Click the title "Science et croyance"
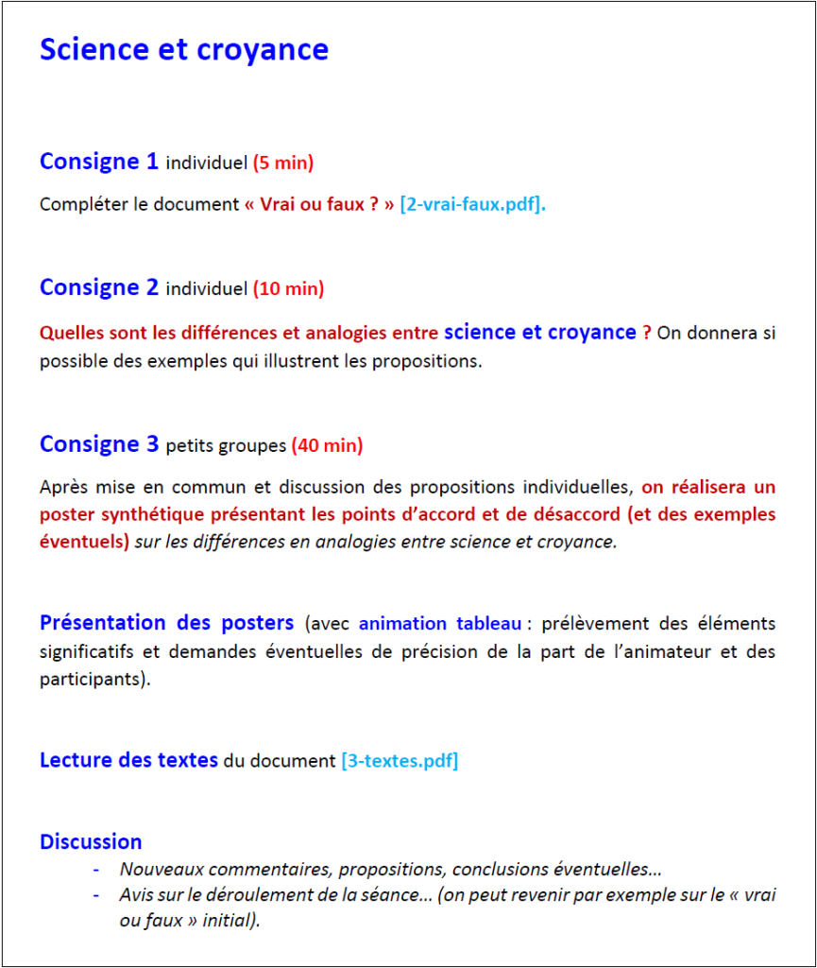(183, 50)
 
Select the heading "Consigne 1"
(99, 162)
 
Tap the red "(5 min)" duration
(282, 163)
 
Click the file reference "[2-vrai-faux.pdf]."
(472, 204)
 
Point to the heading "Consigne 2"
(99, 287)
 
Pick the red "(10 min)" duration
(288, 288)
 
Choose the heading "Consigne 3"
(99, 444)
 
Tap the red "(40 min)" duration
(327, 445)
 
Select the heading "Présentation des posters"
(166, 623)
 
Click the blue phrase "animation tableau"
(439, 624)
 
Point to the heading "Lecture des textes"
(128, 760)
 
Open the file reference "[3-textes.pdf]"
(400, 761)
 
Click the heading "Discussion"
(91, 842)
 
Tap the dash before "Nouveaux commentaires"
(95, 870)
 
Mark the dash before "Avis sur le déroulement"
(95, 894)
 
